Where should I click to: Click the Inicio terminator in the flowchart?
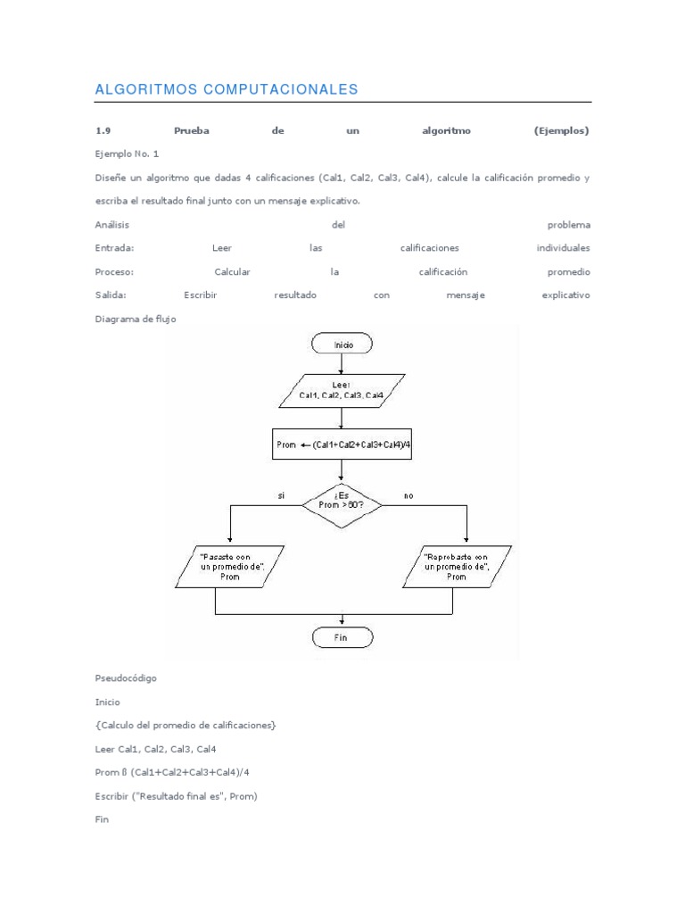342,343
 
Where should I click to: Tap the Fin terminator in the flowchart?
342,637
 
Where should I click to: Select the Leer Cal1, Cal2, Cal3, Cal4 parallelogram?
342,389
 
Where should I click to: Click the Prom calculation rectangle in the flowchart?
342,445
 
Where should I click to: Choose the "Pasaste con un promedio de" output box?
230,566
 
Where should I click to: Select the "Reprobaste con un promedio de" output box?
456,566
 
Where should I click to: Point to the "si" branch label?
281,495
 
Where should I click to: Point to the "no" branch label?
409,495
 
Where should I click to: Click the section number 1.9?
104,131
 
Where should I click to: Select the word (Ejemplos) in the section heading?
562,131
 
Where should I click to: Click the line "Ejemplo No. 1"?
127,154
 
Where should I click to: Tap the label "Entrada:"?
114,248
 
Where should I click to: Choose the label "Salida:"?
111,295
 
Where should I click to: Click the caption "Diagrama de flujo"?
135,319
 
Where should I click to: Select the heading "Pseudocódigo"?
126,678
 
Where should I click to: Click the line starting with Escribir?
176,796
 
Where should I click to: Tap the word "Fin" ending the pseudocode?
102,819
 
